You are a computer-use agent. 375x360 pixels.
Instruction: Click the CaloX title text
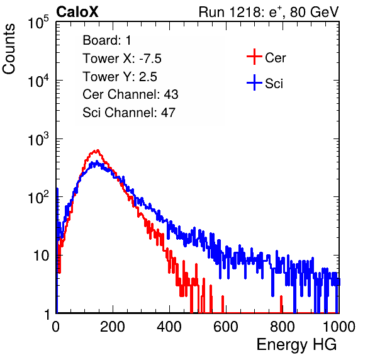coord(77,12)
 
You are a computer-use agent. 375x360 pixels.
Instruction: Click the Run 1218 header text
coord(269,12)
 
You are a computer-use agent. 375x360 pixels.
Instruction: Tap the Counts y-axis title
coord(9,48)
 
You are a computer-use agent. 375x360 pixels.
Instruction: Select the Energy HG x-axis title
coord(296,345)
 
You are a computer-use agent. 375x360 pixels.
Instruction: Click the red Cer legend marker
coord(254,57)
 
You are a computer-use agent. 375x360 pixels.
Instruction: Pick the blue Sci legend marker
coord(254,82)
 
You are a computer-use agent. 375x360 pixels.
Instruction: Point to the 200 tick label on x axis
coord(113,327)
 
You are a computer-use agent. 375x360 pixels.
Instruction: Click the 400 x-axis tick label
coord(169,327)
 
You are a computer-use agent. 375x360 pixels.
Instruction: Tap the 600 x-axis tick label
coord(226,327)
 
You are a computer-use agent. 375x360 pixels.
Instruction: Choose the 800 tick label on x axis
coord(283,327)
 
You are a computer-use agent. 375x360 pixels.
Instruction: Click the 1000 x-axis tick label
coord(339,327)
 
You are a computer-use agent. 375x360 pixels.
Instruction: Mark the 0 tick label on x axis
coord(56,327)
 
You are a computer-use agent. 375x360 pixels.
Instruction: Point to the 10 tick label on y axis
coord(42,256)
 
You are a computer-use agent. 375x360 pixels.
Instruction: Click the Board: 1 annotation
coord(107,40)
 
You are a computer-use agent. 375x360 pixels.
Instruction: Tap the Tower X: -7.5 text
coord(122,59)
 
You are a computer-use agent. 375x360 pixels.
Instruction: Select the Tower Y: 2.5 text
coord(120,77)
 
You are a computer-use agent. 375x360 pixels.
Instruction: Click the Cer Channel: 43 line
coord(130,94)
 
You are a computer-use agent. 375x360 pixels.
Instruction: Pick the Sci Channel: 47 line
coord(129,113)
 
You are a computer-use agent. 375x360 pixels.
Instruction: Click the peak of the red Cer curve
coord(98,150)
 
